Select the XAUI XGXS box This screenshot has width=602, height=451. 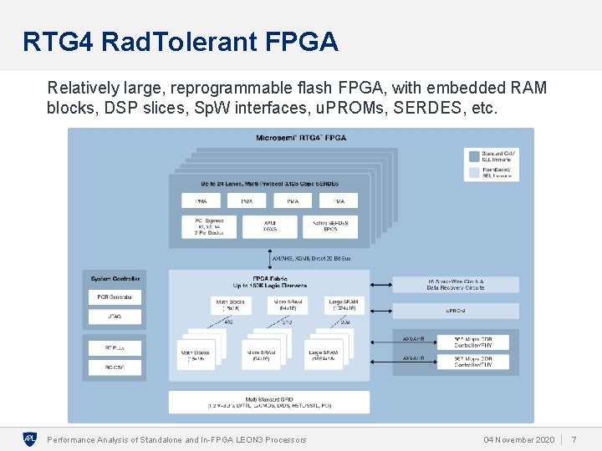(269, 226)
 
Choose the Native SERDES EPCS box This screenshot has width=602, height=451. (330, 226)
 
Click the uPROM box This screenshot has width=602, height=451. (456, 310)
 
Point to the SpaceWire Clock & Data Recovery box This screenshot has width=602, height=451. (456, 285)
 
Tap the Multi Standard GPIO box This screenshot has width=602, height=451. (268, 402)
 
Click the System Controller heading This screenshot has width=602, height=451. (115, 278)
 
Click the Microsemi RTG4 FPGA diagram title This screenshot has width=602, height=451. (300, 137)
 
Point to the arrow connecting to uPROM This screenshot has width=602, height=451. (380, 310)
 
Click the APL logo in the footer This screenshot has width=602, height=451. (30, 438)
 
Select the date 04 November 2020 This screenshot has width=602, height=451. (518, 439)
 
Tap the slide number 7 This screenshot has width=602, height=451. (574, 439)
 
